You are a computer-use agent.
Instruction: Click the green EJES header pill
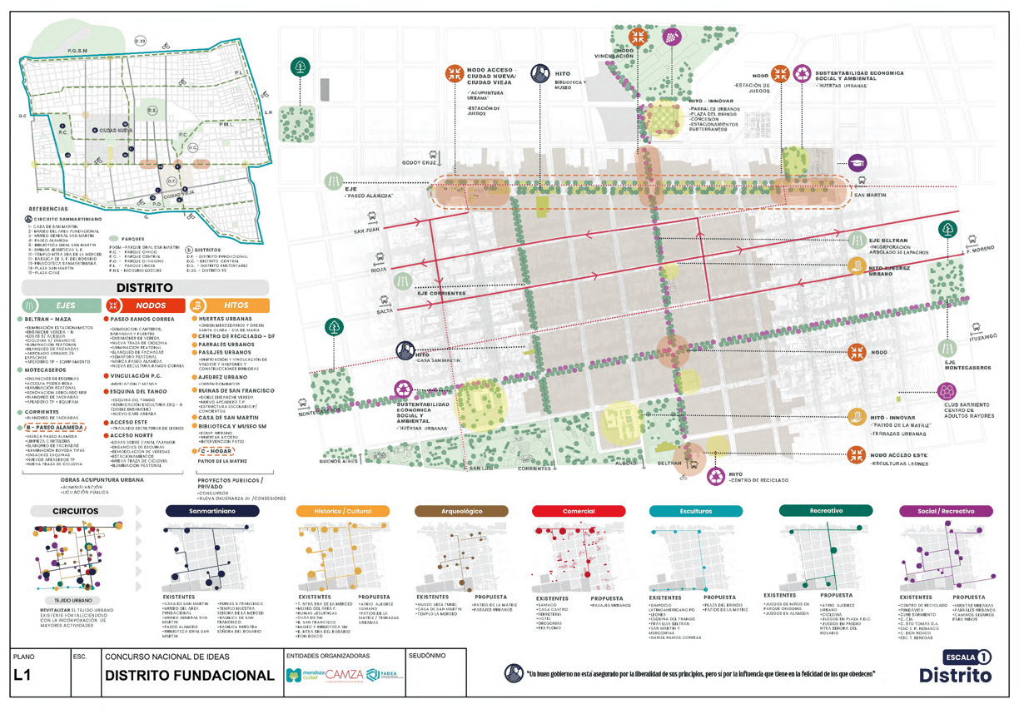pos(60,305)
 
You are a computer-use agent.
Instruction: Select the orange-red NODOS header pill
pos(145,305)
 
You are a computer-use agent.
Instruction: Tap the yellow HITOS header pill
pos(230,305)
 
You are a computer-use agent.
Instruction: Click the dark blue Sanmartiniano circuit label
pos(211,511)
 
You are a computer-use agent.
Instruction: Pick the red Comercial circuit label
pos(579,511)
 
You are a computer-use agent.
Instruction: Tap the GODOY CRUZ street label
pos(419,162)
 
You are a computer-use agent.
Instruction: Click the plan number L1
pos(23,677)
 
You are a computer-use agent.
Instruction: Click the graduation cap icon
pos(857,164)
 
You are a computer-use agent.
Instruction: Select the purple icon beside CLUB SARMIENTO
pos(947,390)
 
